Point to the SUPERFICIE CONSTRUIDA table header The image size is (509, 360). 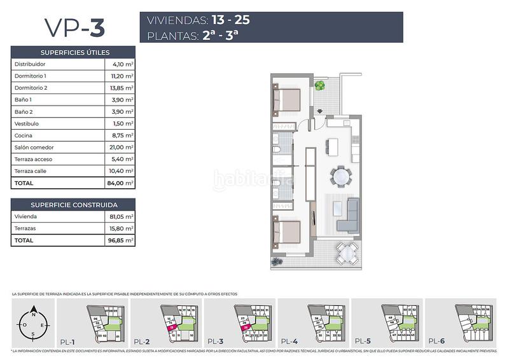pyautogui.click(x=73, y=205)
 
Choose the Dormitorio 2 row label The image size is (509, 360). pyautogui.click(x=31, y=88)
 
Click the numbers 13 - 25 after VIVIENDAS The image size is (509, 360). pyautogui.click(x=226, y=20)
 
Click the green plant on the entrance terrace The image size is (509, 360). pyautogui.click(x=320, y=86)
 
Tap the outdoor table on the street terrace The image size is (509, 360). pyautogui.click(x=346, y=254)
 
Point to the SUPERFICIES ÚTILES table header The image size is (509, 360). pyautogui.click(x=73, y=52)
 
